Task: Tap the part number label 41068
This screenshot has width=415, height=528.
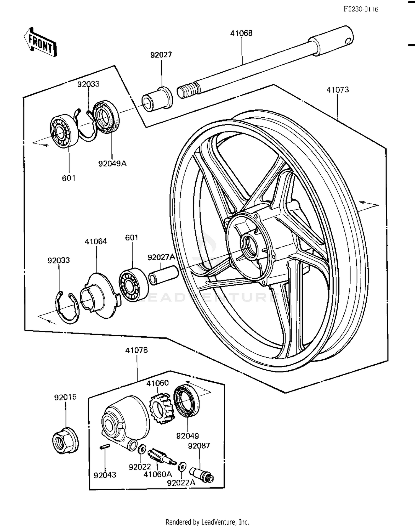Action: (241, 33)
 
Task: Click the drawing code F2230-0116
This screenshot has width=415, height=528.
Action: (360, 9)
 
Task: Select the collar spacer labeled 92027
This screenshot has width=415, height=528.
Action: (157, 99)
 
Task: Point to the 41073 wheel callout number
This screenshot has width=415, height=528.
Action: (338, 90)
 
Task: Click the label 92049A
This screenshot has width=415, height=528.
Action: (112, 163)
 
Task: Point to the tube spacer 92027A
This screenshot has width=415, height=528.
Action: (163, 275)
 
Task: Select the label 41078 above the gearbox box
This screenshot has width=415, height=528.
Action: (136, 350)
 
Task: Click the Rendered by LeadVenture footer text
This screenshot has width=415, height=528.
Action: (207, 522)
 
